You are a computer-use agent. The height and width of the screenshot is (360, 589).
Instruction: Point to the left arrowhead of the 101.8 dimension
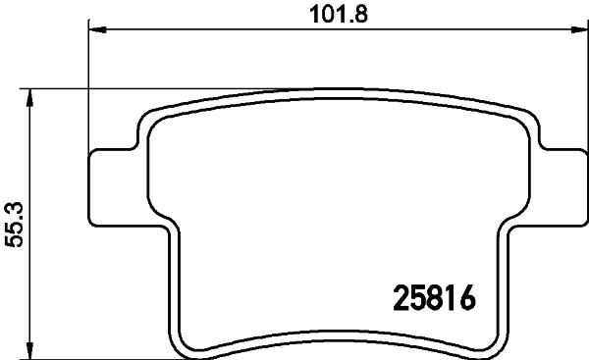point(95,30)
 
